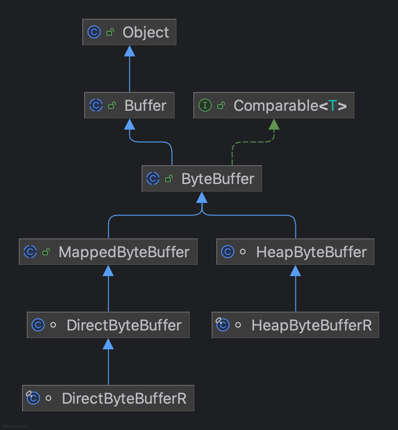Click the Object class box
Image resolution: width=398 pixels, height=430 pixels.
[129, 32]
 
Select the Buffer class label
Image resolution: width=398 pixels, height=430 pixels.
[145, 105]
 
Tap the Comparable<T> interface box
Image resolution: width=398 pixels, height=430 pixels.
[273, 105]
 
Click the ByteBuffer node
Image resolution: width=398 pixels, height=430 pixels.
[201, 179]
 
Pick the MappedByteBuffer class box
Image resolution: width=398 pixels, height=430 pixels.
[108, 252]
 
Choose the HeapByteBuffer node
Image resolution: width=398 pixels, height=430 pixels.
[295, 252]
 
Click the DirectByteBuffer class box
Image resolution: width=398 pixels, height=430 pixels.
[108, 325]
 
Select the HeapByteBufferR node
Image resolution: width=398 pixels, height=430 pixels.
[295, 325]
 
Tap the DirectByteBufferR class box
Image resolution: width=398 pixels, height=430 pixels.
[108, 399]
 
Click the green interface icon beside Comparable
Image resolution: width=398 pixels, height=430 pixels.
[205, 105]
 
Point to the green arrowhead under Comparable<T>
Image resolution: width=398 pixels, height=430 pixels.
[274, 124]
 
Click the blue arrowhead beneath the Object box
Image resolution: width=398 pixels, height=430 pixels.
[129, 51]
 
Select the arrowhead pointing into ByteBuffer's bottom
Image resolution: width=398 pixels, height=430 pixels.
[202, 198]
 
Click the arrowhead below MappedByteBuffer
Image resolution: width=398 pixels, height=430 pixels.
[108, 271]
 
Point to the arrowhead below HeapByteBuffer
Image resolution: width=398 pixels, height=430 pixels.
[295, 271]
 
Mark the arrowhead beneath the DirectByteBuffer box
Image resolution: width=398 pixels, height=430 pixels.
[108, 344]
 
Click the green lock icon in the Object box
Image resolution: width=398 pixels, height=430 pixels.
[110, 32]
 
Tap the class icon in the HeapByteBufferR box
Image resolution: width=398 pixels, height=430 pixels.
[223, 325]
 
